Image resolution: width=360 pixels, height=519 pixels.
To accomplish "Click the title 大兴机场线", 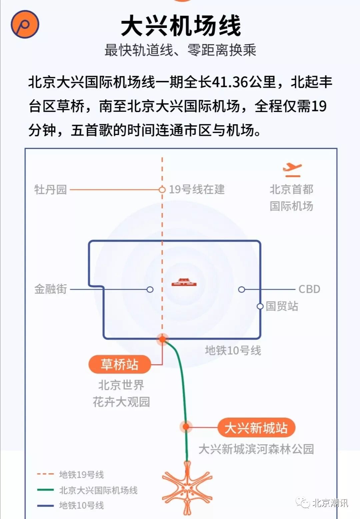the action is (x=181, y=26).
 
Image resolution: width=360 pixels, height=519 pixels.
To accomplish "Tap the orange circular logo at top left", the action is (x=25, y=24).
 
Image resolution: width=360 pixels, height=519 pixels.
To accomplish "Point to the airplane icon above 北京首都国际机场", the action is (x=292, y=170).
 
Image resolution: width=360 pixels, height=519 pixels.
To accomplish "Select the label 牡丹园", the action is (x=50, y=190).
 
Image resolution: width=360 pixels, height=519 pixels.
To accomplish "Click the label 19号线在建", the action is (x=197, y=189).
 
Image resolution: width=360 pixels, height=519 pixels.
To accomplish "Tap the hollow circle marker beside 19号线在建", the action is (x=162, y=190).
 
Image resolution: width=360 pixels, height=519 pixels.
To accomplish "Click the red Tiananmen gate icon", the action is (x=184, y=283).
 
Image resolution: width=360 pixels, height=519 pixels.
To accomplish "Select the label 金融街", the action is (x=50, y=289).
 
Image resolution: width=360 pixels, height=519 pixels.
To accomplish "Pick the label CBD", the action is (x=309, y=289).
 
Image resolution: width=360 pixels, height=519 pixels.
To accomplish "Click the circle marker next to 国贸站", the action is (x=260, y=306).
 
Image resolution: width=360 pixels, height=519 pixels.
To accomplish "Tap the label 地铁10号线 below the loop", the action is (x=233, y=350).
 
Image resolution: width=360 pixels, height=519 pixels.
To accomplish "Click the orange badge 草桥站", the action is (x=119, y=364).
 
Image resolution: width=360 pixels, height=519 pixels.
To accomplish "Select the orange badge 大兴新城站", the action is (x=256, y=428).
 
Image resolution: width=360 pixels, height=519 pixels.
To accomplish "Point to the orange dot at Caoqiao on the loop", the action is (x=162, y=339).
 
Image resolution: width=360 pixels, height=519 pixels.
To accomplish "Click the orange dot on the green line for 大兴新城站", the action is (x=186, y=427).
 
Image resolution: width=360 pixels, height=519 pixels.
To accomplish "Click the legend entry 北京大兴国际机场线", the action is (x=98, y=490).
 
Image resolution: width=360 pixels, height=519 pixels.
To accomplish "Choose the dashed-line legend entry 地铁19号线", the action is (x=81, y=474).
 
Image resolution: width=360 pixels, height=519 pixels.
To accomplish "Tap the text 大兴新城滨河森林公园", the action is (x=256, y=449).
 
